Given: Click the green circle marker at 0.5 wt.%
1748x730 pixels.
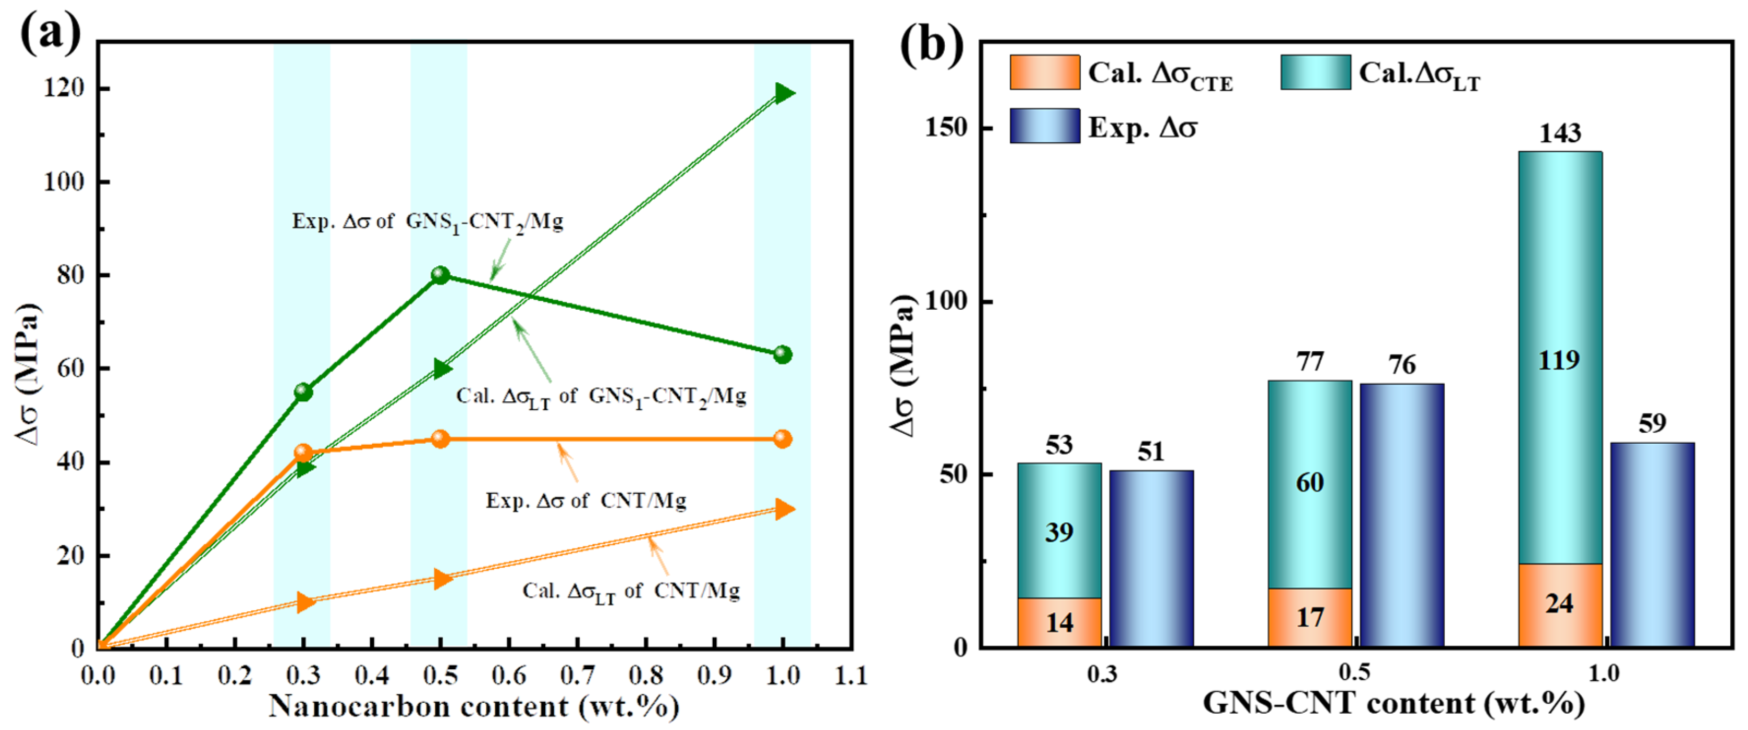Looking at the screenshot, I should pyautogui.click(x=440, y=275).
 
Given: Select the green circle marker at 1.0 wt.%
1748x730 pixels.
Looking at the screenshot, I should pyautogui.click(x=782, y=354).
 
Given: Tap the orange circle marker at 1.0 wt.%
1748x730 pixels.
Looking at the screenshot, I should pyautogui.click(x=782, y=439).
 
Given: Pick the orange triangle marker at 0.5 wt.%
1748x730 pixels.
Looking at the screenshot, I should pyautogui.click(x=442, y=579).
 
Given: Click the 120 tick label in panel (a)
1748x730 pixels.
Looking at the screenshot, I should pyautogui.click(x=64, y=88).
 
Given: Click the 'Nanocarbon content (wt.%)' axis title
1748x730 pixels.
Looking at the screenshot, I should pyautogui.click(x=474, y=707).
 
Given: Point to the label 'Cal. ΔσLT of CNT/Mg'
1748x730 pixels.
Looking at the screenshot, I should pyautogui.click(x=631, y=591).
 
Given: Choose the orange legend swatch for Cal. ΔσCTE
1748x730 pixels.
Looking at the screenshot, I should pyautogui.click(x=1044, y=73).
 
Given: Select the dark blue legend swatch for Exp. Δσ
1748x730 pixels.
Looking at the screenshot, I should pyautogui.click(x=1044, y=126).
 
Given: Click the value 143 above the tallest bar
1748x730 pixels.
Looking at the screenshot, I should pyautogui.click(x=1559, y=133).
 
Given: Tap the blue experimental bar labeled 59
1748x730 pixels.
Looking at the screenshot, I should pyautogui.click(x=1652, y=544).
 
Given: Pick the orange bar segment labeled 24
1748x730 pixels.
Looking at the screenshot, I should pyautogui.click(x=1559, y=604).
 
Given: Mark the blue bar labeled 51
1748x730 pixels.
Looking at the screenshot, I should pyautogui.click(x=1151, y=557).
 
